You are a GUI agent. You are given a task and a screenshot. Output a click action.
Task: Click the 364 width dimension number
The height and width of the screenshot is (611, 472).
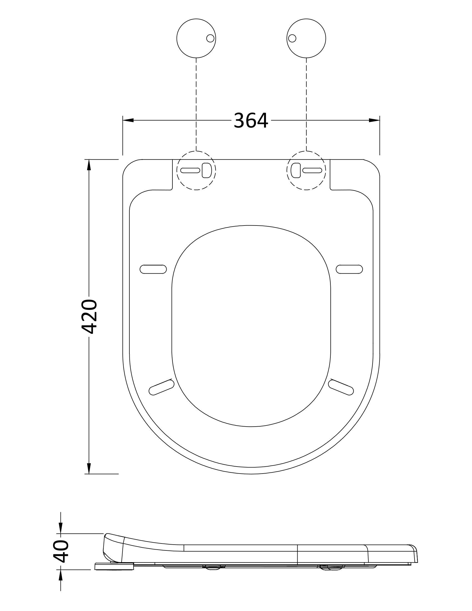(x=251, y=121)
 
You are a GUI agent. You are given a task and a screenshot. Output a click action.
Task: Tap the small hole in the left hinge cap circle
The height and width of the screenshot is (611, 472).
(x=210, y=38)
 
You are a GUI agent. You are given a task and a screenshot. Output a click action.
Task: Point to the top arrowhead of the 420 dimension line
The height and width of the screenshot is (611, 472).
(x=89, y=164)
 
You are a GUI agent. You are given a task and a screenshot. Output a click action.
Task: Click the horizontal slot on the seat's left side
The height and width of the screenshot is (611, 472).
(x=153, y=269)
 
